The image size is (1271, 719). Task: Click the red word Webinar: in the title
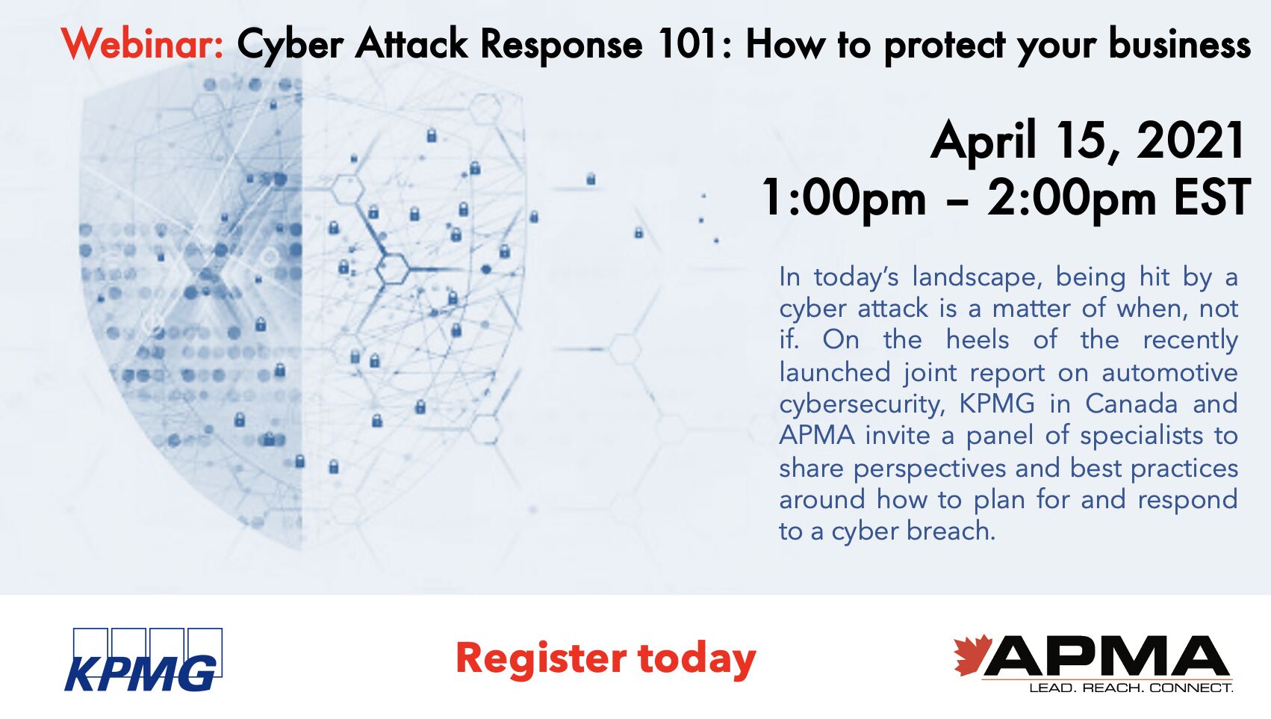(x=143, y=44)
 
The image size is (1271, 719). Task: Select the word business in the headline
(x=1179, y=44)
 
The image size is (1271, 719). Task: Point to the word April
(x=984, y=142)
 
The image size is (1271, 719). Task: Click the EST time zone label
(x=1211, y=197)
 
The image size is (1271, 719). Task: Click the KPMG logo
(x=143, y=659)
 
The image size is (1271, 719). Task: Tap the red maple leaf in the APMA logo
(x=972, y=654)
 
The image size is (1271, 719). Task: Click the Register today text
(x=606, y=658)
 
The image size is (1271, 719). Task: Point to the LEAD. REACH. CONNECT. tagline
(x=1131, y=688)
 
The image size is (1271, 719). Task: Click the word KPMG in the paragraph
(x=997, y=404)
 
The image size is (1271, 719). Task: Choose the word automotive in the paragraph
(x=1170, y=373)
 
